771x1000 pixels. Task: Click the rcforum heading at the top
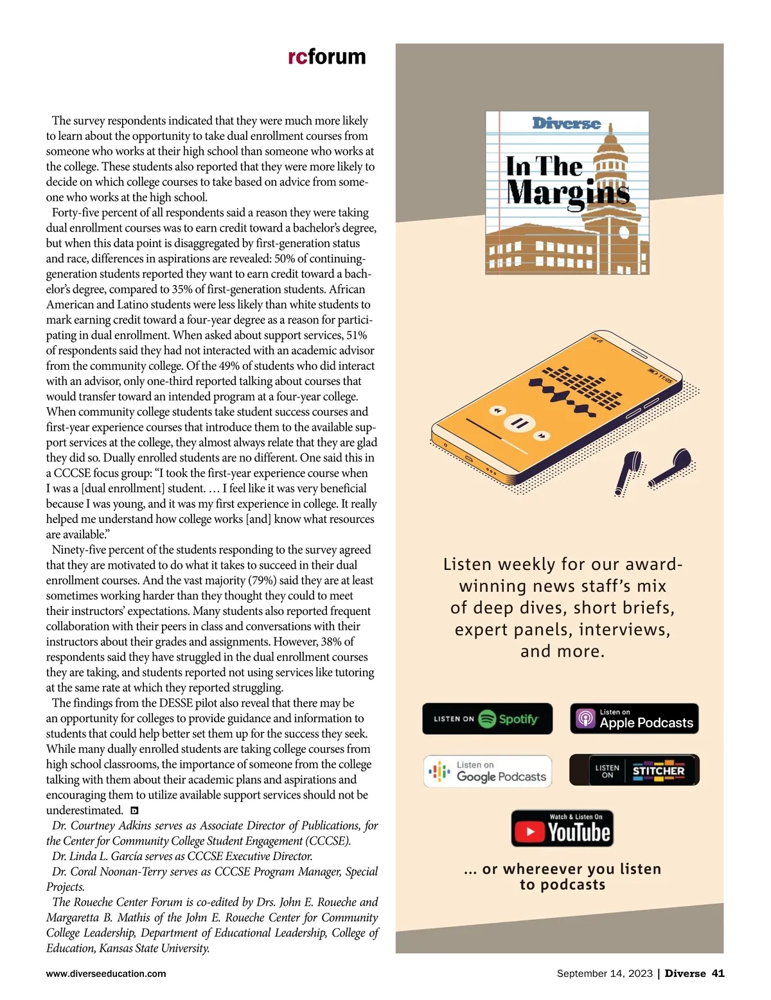point(327,56)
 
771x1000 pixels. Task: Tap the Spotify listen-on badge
point(487,719)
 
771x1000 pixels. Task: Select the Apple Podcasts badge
point(634,719)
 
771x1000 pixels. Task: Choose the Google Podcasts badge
point(488,771)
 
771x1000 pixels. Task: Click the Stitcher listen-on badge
point(634,770)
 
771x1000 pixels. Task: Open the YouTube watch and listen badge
point(562,829)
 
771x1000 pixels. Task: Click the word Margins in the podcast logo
point(568,193)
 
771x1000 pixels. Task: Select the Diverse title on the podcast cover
point(566,123)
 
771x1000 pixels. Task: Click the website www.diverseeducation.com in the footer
point(106,974)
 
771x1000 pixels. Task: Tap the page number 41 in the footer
point(718,974)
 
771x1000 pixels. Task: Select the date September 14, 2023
point(605,974)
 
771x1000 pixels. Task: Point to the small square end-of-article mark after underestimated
point(134,811)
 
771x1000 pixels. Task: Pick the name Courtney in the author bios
point(93,825)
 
